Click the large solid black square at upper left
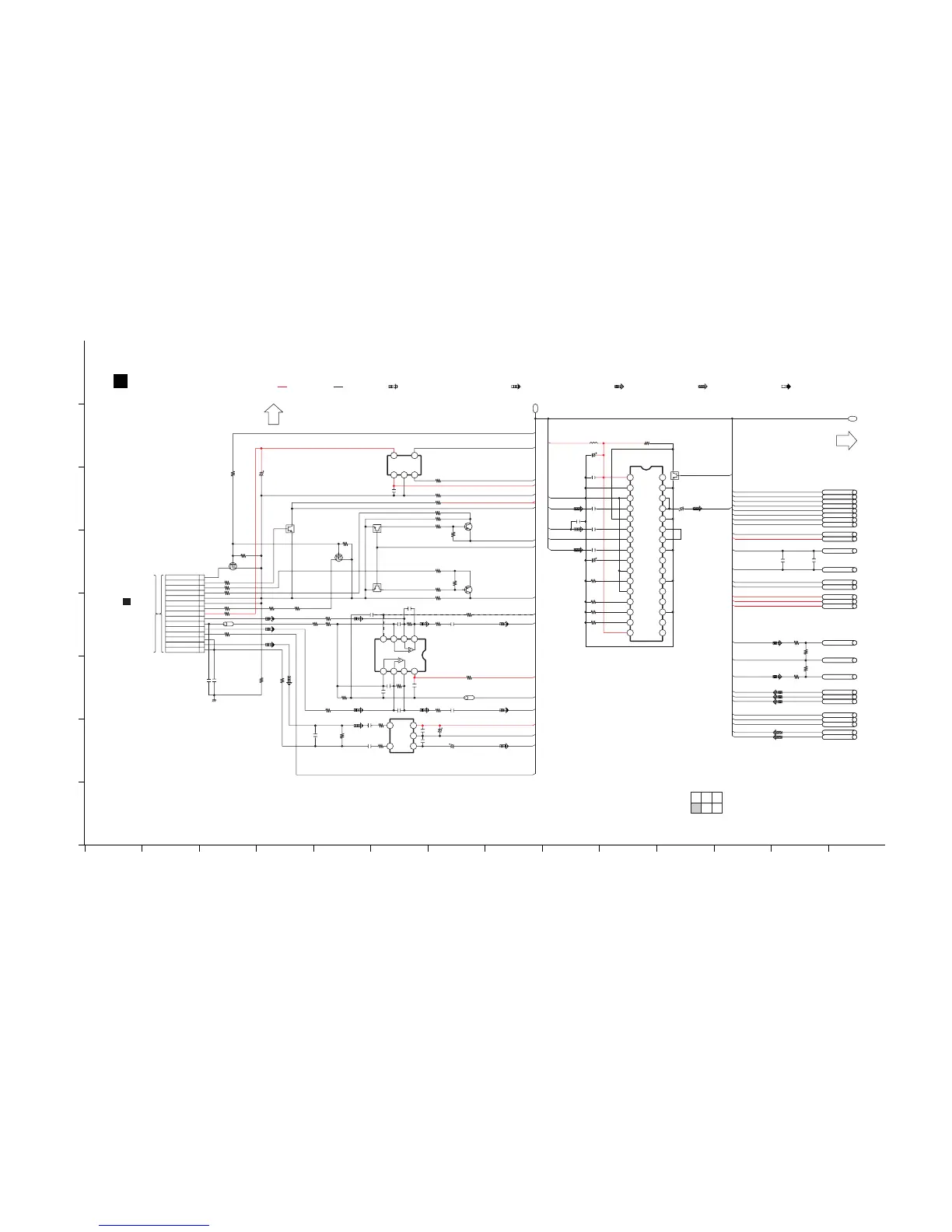click(121, 380)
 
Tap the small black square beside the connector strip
click(127, 601)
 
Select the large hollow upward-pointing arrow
click(273, 414)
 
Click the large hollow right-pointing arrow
click(846, 440)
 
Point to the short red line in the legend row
click(282, 386)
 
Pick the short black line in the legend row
click(338, 386)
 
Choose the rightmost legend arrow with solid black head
click(786, 386)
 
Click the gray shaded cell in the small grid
click(696, 808)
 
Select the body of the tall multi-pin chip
click(646, 554)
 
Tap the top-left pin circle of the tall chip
click(630, 478)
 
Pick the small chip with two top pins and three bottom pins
click(404, 465)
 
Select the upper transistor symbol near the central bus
click(468, 527)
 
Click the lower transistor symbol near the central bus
click(468, 590)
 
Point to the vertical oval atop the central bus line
click(535, 408)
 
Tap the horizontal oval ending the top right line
click(852, 418)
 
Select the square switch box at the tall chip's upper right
click(674, 475)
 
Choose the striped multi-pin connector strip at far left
click(184, 614)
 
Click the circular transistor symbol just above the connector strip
click(233, 565)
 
